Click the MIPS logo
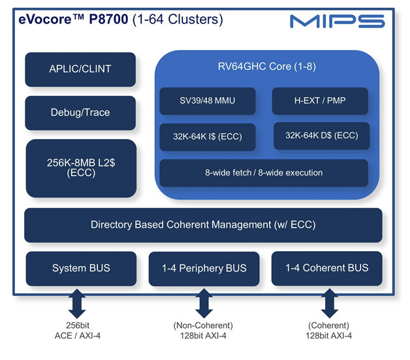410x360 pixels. click(x=338, y=21)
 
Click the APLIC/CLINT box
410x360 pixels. click(x=80, y=70)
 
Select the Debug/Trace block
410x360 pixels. click(x=80, y=113)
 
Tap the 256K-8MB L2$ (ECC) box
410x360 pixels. click(x=81, y=168)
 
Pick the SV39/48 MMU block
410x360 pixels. click(x=208, y=101)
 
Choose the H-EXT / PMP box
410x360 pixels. click(x=320, y=101)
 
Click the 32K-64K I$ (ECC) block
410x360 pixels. click(x=208, y=137)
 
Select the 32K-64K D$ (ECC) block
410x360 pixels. click(x=322, y=136)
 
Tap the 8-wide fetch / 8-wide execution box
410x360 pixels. click(x=264, y=173)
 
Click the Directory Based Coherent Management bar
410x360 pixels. click(x=203, y=225)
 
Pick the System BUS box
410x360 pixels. click(x=81, y=269)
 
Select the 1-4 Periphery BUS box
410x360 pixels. click(x=204, y=269)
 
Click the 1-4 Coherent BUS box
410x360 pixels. click(x=327, y=268)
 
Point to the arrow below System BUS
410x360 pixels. click(x=77, y=303)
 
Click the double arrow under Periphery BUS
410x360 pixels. click(x=204, y=303)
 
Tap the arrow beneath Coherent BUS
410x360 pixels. click(x=330, y=303)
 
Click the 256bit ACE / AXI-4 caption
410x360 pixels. click(x=78, y=331)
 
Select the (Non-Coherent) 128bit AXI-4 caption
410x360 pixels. click(x=203, y=331)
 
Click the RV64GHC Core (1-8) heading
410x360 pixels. click(x=267, y=67)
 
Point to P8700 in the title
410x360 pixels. click(x=108, y=20)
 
